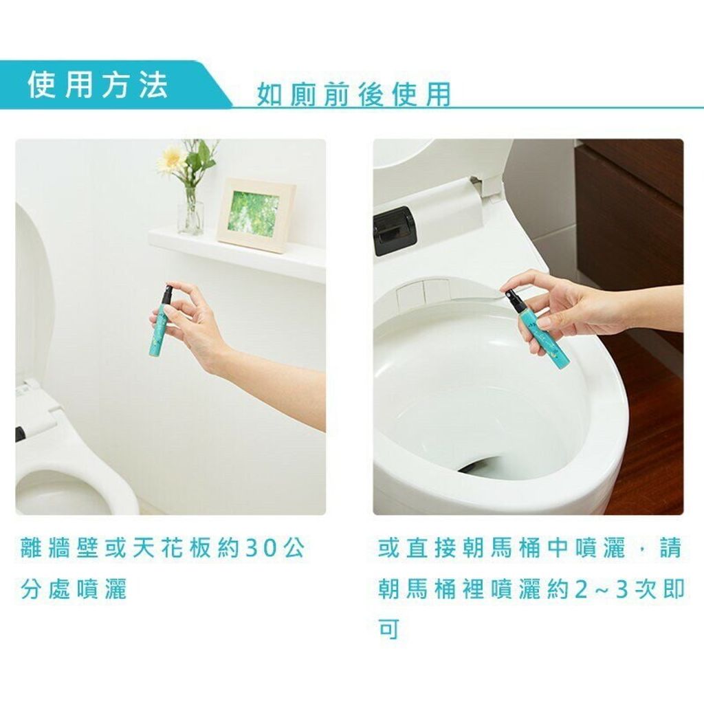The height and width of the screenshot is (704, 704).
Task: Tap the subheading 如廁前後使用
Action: [x=354, y=95]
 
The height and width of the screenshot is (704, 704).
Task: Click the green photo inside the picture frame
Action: [x=254, y=214]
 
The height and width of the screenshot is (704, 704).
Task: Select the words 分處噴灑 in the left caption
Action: [x=74, y=589]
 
